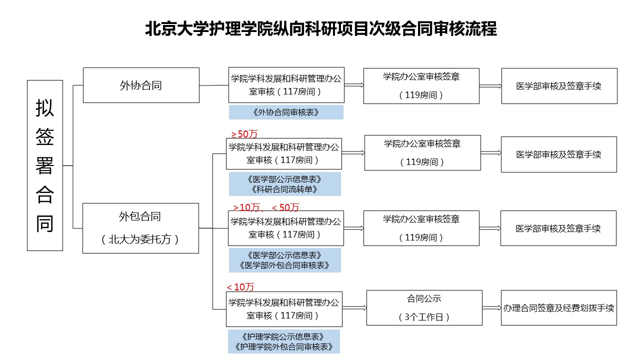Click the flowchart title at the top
point(321,28)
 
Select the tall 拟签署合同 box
point(45,165)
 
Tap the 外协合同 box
point(141,85)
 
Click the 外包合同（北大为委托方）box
point(140,228)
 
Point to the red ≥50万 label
point(244,133)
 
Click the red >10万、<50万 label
point(266,207)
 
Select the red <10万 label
point(240,287)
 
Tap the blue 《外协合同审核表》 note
point(286,112)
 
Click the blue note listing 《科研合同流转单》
point(285,184)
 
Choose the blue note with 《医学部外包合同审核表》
point(285,260)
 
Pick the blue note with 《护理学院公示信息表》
point(284,341)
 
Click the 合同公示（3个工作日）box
point(424,307)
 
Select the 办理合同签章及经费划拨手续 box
point(559,307)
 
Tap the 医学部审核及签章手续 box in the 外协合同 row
point(559,86)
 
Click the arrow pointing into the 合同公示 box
point(354,307)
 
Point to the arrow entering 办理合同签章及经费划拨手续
point(491,307)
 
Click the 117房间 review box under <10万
point(284,309)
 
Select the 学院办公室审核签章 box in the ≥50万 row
point(422,153)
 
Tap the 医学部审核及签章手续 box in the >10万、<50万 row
point(558,228)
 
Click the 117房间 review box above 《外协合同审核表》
point(286,85)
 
